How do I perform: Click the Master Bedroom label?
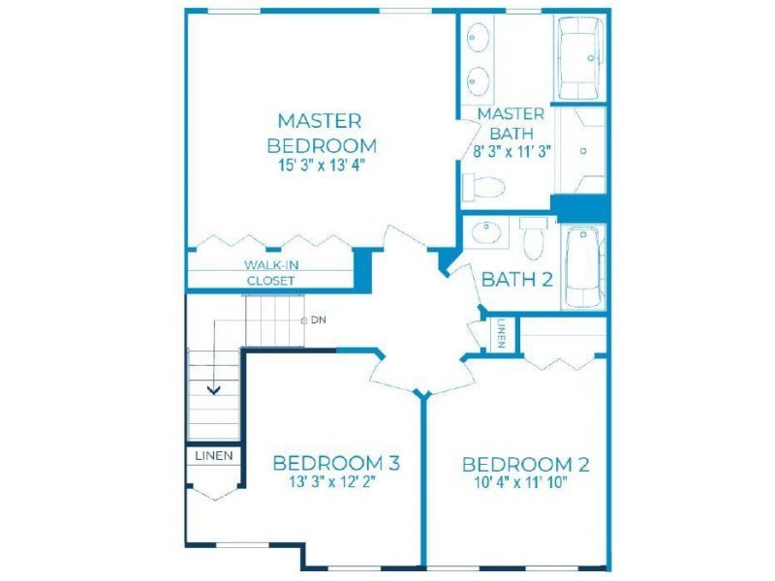tap(320, 133)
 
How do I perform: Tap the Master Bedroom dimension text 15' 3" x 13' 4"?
tap(320, 165)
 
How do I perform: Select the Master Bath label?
tap(510, 124)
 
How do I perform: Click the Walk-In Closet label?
tap(270, 272)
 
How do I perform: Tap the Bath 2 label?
tap(516, 280)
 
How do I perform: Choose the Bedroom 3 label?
tap(336, 462)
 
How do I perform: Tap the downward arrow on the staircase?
tap(213, 388)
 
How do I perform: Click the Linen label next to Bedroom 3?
tap(213, 455)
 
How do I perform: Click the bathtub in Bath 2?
tap(583, 265)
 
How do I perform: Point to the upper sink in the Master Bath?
tap(480, 39)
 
